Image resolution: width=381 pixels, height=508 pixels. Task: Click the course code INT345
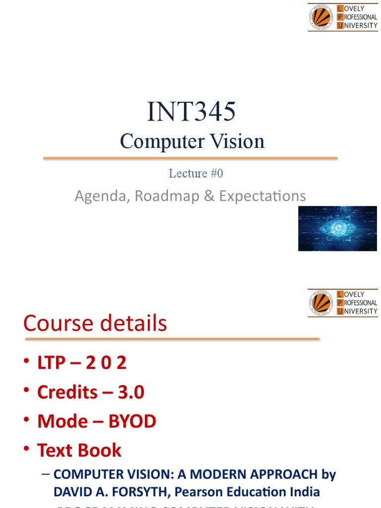pyautogui.click(x=191, y=112)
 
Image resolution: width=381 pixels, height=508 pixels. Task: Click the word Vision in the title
pyautogui.click(x=236, y=142)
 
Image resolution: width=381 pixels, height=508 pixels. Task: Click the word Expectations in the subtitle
pyautogui.click(x=262, y=196)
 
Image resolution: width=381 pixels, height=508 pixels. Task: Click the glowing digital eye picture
pyautogui.click(x=337, y=229)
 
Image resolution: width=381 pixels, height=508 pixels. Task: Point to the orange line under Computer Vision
pyautogui.click(x=190, y=158)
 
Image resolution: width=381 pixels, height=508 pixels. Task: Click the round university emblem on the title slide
pyautogui.click(x=321, y=17)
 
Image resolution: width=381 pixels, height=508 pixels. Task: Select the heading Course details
pyautogui.click(x=95, y=324)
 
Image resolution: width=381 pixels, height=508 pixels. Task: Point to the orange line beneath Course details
pyautogui.click(x=172, y=339)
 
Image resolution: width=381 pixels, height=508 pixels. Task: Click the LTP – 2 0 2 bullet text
pyautogui.click(x=82, y=363)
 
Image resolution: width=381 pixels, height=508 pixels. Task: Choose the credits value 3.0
pyautogui.click(x=131, y=392)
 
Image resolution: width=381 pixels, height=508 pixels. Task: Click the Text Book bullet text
pyautogui.click(x=79, y=450)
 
